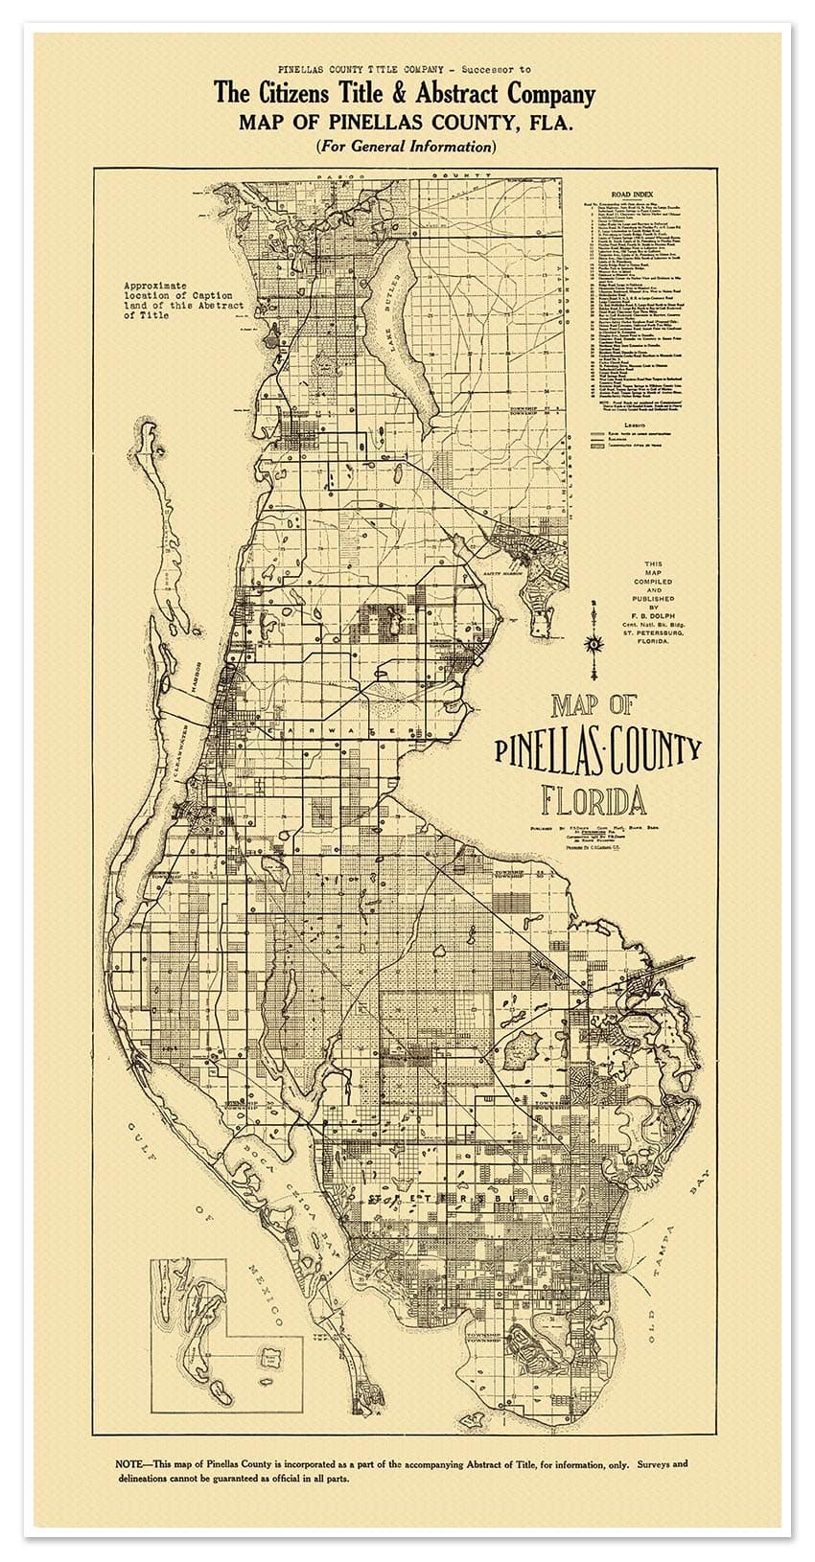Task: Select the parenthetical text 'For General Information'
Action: pyautogui.click(x=406, y=147)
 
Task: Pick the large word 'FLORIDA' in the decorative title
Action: pyautogui.click(x=592, y=798)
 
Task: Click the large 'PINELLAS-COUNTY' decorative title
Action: pyautogui.click(x=598, y=750)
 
